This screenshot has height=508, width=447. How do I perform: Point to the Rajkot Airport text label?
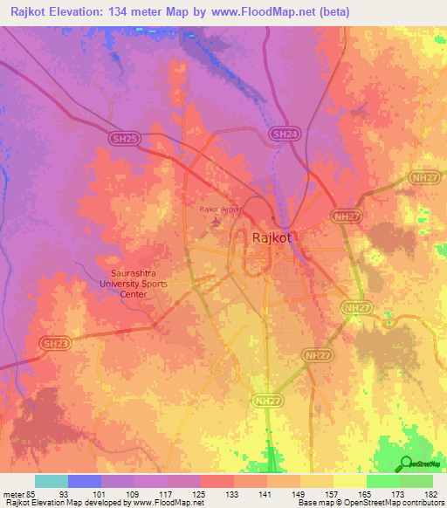[x=219, y=209]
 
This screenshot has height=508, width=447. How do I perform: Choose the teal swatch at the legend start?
[x=52, y=481]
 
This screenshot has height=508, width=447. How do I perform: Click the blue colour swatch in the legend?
[x=85, y=481]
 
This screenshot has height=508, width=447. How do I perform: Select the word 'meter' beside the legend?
[x=15, y=491]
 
